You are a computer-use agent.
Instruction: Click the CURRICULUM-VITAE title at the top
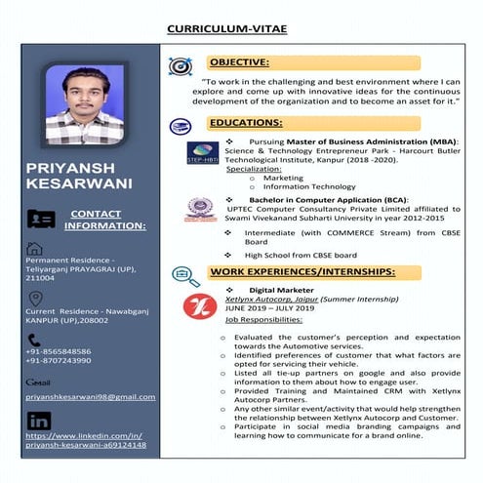(x=242, y=29)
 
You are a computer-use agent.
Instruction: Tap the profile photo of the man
(x=85, y=105)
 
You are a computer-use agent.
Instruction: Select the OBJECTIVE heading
(x=239, y=61)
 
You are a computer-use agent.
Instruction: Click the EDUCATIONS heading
(x=246, y=123)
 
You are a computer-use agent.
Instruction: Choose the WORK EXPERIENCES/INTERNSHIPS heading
(x=302, y=270)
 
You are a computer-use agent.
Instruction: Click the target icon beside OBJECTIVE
(x=181, y=65)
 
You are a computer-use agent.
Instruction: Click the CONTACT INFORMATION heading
(x=104, y=220)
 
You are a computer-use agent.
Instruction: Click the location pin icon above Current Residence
(x=35, y=297)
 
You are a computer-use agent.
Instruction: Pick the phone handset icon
(x=35, y=340)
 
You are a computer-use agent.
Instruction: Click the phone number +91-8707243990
(x=59, y=361)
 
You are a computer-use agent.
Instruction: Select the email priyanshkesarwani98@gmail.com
(x=91, y=397)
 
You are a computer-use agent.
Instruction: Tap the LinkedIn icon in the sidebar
(x=38, y=421)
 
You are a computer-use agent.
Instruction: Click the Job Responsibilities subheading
(x=263, y=319)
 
